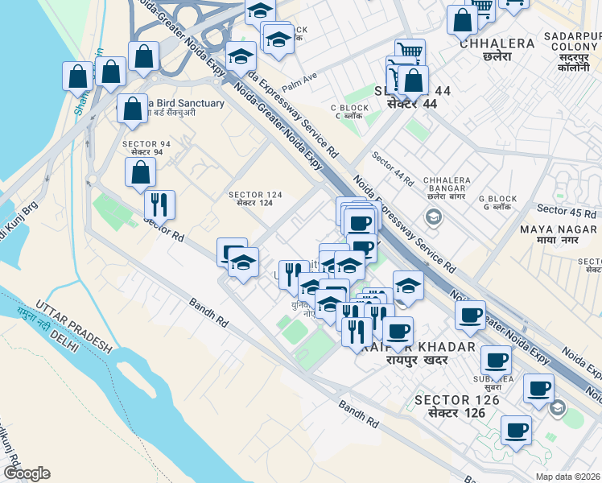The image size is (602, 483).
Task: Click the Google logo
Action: tap(27, 473)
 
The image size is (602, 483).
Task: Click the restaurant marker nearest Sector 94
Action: tap(159, 204)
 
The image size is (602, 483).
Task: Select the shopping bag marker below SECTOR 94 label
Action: tap(140, 172)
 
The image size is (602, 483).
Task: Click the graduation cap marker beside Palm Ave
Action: tap(241, 58)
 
